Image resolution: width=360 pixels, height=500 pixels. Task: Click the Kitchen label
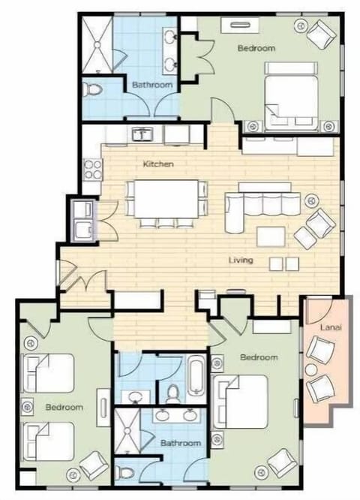pyautogui.click(x=159, y=163)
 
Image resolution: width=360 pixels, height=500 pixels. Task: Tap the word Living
pyautogui.click(x=241, y=261)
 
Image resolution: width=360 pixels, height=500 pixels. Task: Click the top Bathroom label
pyautogui.click(x=152, y=85)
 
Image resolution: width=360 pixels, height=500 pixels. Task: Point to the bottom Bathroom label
pyautogui.click(x=181, y=444)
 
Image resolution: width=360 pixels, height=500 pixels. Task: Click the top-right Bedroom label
pyautogui.click(x=256, y=48)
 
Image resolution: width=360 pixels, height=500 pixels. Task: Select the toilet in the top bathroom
pyautogui.click(x=93, y=90)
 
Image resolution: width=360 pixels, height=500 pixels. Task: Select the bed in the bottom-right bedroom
pyautogui.click(x=243, y=402)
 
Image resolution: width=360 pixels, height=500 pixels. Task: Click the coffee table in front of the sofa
pyautogui.click(x=270, y=236)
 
